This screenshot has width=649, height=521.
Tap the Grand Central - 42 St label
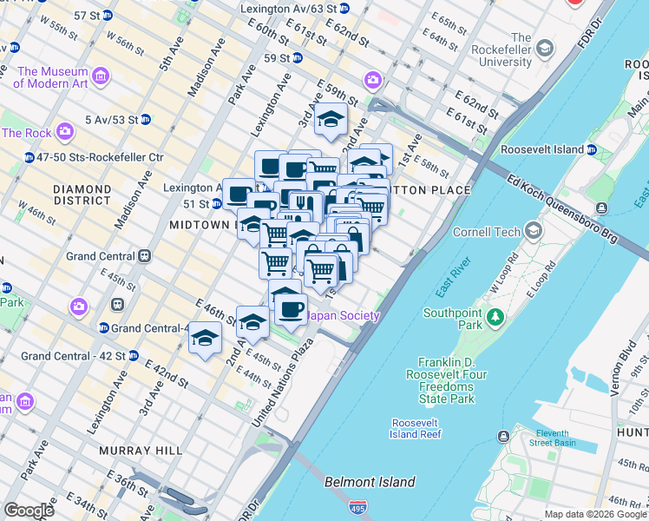pyautogui.click(x=73, y=356)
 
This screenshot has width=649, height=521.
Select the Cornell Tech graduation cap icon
pyautogui.click(x=532, y=231)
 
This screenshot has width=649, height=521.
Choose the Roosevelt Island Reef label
pyautogui.click(x=416, y=428)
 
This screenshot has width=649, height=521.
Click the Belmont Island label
pyautogui.click(x=369, y=482)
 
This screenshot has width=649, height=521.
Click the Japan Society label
pyautogui.click(x=344, y=315)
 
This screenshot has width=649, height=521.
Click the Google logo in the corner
pyautogui.click(x=28, y=510)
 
